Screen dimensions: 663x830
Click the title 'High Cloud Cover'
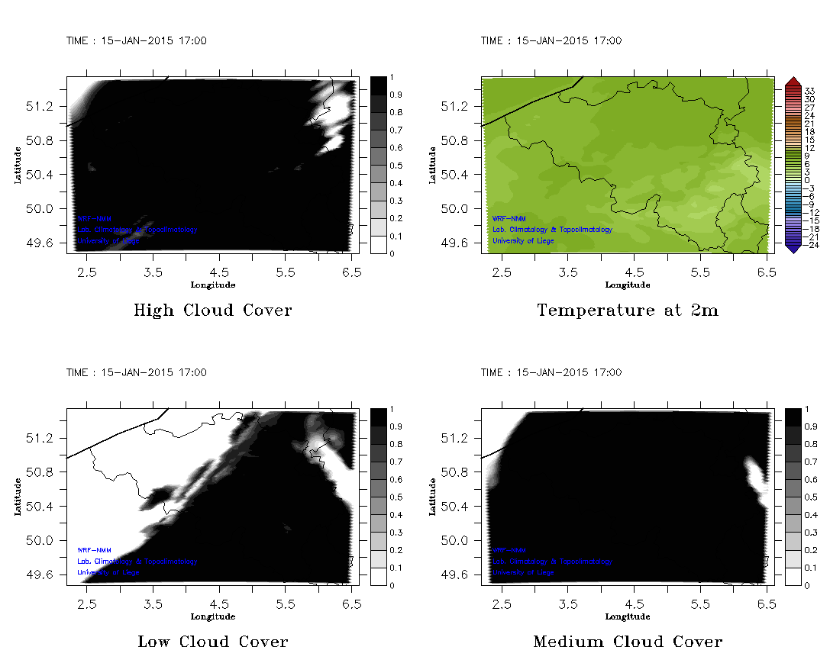(212, 311)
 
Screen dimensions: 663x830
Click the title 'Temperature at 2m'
(627, 311)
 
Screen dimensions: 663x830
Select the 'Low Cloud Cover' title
(212, 642)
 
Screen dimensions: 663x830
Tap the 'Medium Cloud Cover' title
(627, 642)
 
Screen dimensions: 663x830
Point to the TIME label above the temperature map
(551, 41)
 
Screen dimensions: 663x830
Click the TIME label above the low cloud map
(136, 373)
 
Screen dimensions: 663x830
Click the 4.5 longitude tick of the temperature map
(635, 272)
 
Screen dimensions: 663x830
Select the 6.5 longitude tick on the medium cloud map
(767, 603)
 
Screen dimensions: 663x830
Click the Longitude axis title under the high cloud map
(212, 285)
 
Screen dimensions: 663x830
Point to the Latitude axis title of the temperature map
(433, 165)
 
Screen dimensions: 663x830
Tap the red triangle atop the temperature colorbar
(793, 82)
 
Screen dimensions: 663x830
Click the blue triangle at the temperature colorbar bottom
(793, 247)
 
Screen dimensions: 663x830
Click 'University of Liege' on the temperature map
(523, 241)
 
